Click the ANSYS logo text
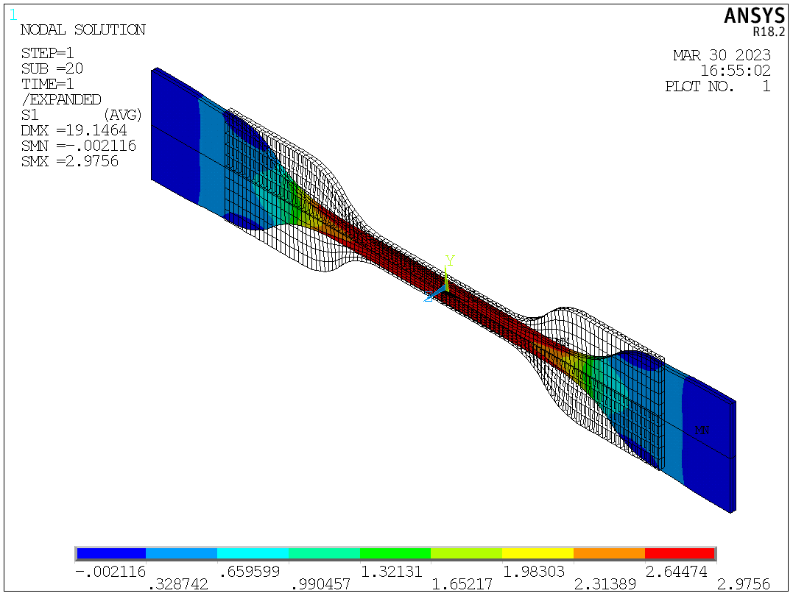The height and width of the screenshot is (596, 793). pyautogui.click(x=746, y=16)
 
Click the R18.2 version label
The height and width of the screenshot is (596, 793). pyautogui.click(x=761, y=32)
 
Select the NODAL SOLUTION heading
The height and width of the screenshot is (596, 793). pyautogui.click(x=82, y=30)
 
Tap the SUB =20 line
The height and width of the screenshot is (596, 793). pyautogui.click(x=52, y=68)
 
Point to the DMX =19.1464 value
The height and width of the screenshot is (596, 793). pyautogui.click(x=74, y=130)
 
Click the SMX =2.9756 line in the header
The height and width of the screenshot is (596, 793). pyautogui.click(x=69, y=161)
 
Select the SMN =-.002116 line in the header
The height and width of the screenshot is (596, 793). pyautogui.click(x=78, y=146)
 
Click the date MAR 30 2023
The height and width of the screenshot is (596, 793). pyautogui.click(x=722, y=55)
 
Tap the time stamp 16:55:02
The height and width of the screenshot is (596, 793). pyautogui.click(x=735, y=71)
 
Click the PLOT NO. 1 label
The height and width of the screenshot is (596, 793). pyautogui.click(x=717, y=86)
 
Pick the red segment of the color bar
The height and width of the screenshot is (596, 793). pyautogui.click(x=679, y=553)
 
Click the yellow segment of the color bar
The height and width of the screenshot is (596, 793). pyautogui.click(x=538, y=553)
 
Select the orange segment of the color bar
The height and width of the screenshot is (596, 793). pyautogui.click(x=608, y=553)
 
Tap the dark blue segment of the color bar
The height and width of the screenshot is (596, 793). pyautogui.click(x=110, y=553)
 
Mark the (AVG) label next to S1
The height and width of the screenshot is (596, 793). pyautogui.click(x=122, y=115)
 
